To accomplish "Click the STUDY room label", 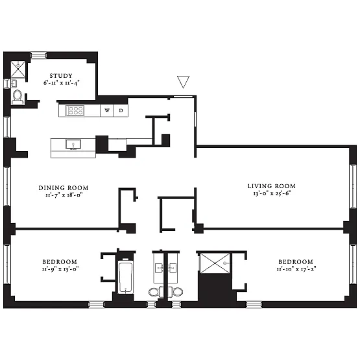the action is click(61, 75).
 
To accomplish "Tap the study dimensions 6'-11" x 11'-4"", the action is click(62, 83).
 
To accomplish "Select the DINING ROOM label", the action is click(64, 188).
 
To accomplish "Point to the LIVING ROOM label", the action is click(272, 186).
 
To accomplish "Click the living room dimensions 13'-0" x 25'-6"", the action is click(272, 193).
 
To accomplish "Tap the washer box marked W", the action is click(107, 110).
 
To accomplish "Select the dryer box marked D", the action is click(121, 110).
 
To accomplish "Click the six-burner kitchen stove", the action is click(75, 110).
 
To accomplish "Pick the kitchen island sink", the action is click(73, 145).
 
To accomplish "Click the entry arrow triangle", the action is click(183, 82).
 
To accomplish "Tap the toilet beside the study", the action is click(18, 97).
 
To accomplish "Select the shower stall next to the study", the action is click(18, 69).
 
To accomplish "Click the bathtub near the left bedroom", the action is click(126, 278).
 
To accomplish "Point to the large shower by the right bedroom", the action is click(215, 263).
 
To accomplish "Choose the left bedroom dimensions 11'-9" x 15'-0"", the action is click(60, 269).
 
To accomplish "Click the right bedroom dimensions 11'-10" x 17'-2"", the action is click(296, 269).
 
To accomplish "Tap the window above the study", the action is click(38, 55).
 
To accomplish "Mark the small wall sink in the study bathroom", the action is click(14, 84).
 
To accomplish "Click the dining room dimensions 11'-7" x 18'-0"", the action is click(64, 195).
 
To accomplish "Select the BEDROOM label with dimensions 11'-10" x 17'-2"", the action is click(296, 262).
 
